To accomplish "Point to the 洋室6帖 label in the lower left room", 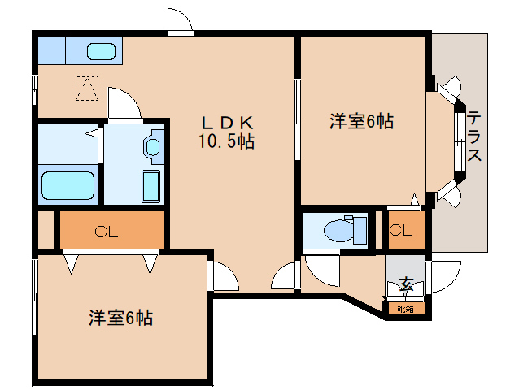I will (120, 318).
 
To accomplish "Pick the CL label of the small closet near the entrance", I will (400, 231).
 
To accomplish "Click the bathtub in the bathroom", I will (68, 186).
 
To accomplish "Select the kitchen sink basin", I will (101, 52).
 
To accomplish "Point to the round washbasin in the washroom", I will (152, 148).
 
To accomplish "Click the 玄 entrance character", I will (404, 284).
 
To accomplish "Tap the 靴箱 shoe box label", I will (404, 309).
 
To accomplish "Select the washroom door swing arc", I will (122, 103).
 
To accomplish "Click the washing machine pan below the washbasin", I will (150, 186).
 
